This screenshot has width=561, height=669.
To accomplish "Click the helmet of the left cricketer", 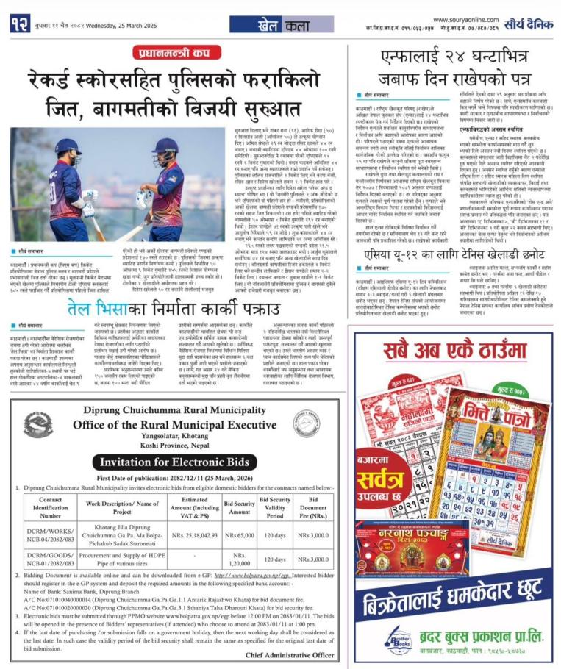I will click(65, 147).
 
